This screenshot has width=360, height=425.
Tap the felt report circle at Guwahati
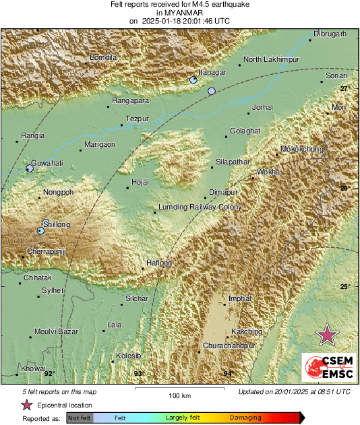pos(29,168)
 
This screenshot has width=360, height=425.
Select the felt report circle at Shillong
pos(40,230)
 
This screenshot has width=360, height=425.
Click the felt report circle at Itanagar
pos(193,80)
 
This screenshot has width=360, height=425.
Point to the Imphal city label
pos(240,298)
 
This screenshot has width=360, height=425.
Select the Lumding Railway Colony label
pos(200,207)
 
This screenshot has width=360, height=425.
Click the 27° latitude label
pos(344,89)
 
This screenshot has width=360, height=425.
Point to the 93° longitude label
pos(138,373)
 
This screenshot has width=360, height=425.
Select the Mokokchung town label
pos(301,149)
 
